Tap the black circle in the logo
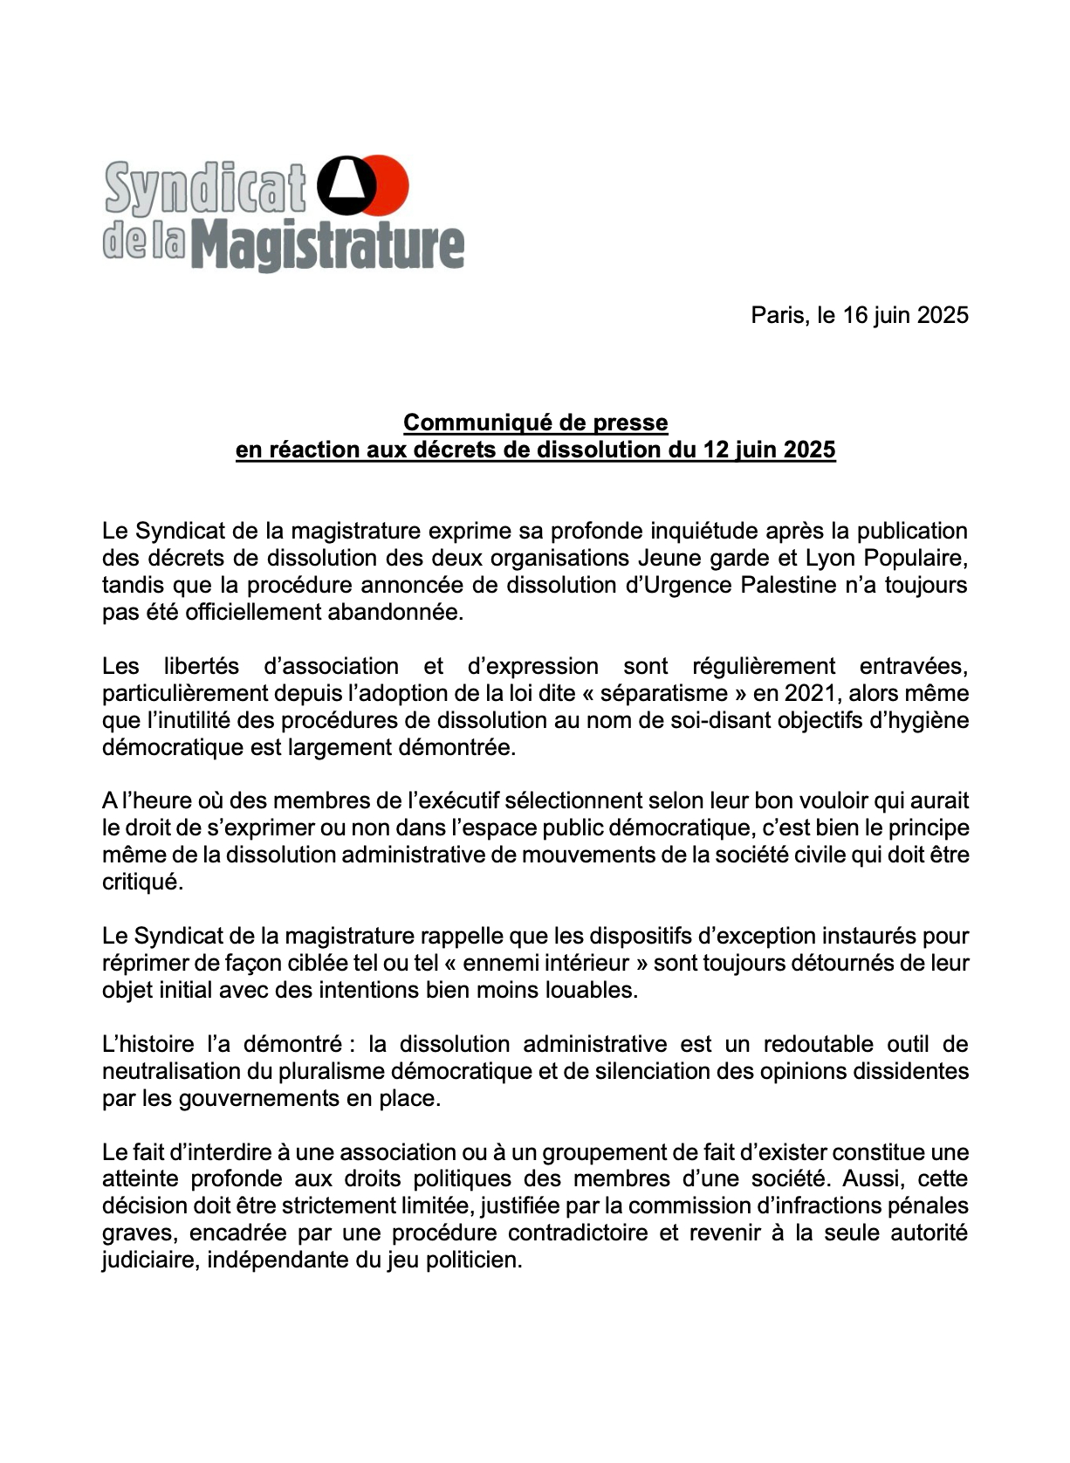(346, 186)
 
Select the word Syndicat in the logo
(206, 189)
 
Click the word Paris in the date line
(778, 315)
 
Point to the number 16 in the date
(854, 315)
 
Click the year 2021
(811, 693)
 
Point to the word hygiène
(928, 720)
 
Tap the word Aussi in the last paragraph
(868, 1179)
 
